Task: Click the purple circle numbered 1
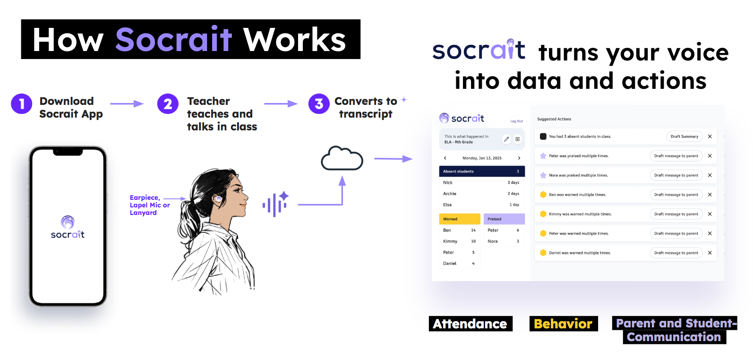[x=22, y=104]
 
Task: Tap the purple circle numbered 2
[x=168, y=104]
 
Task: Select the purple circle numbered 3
[x=319, y=104]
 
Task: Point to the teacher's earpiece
[x=219, y=198]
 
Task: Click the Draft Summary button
[x=684, y=137]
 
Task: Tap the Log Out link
[x=516, y=121]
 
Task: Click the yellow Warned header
[x=460, y=219]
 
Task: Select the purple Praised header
[x=504, y=219]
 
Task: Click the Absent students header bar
[x=482, y=171]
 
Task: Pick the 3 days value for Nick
[x=513, y=182]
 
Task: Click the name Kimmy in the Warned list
[x=450, y=241]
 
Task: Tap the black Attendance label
[x=471, y=324]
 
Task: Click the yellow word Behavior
[x=563, y=324]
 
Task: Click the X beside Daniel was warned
[x=710, y=253]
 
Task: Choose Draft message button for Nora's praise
[x=676, y=175]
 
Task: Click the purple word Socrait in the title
[x=173, y=40]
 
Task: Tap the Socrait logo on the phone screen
[x=68, y=227]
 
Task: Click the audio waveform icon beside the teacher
[x=275, y=204]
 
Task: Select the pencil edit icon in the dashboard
[x=506, y=139]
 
